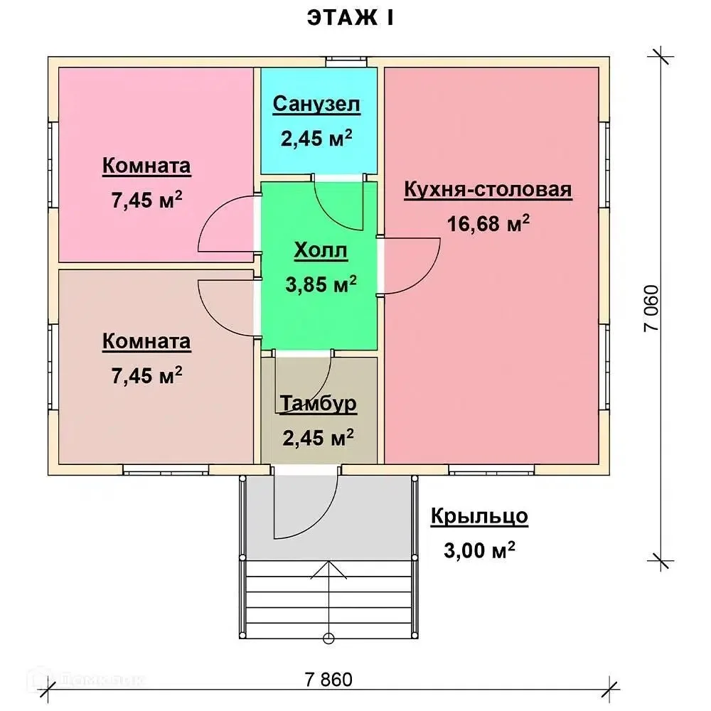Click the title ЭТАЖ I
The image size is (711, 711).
tap(350, 18)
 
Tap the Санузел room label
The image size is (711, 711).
tap(316, 104)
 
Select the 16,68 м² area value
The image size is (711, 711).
tap(488, 223)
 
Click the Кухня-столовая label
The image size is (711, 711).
tap(488, 189)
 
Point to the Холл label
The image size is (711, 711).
tap(321, 250)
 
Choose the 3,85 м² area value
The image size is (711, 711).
tap(321, 284)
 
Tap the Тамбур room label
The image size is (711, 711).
tap(319, 403)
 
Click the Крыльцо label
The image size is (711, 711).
tap(479, 516)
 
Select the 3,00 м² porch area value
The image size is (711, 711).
tap(479, 550)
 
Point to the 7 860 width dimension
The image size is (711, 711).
tap(328, 680)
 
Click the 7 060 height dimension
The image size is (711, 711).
tap(651, 309)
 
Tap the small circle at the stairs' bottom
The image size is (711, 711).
tap(328, 639)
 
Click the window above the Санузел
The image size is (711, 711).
tap(347, 62)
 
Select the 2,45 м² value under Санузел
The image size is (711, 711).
tap(316, 138)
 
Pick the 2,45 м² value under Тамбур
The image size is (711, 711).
tap(319, 437)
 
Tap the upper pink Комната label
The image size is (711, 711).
tap(146, 166)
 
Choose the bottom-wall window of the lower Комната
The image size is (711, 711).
tap(166, 470)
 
